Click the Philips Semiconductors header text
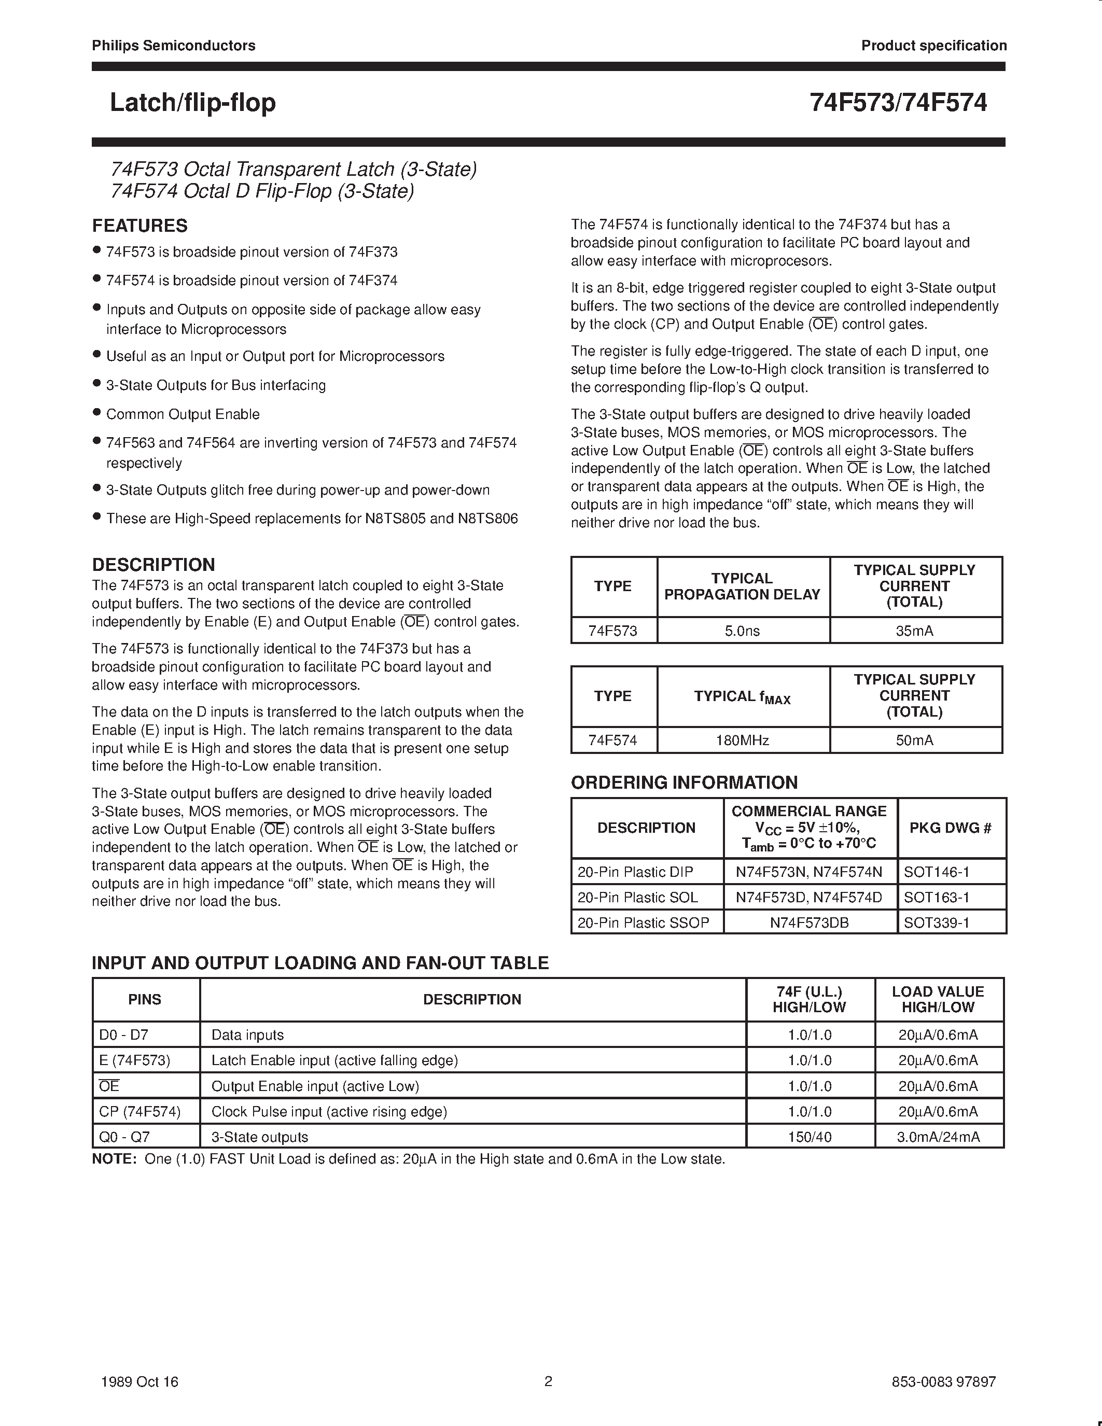coord(173,45)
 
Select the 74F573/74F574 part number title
coord(898,103)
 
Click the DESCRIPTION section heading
coord(154,565)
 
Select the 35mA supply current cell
coord(915,631)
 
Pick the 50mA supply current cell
coord(915,740)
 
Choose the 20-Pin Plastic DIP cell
coord(635,872)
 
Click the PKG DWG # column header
coord(951,828)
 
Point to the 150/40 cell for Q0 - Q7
coord(810,1137)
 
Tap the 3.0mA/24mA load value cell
coord(938,1137)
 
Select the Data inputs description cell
coord(247,1035)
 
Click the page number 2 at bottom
coord(548,1380)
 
